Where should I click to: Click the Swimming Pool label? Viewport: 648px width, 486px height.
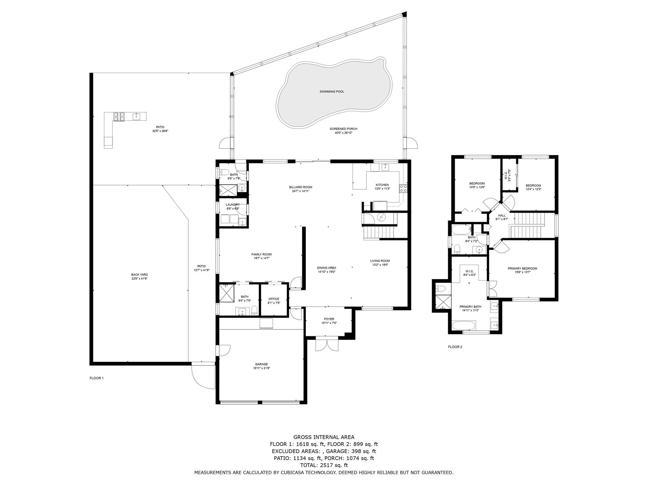click(x=332, y=92)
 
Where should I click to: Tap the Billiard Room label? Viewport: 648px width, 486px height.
click(x=300, y=187)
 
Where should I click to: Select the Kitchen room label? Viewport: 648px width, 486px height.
click(x=382, y=185)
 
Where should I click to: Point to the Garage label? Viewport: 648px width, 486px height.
click(x=261, y=364)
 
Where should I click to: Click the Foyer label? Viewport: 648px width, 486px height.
click(x=329, y=319)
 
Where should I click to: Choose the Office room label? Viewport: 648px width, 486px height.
click(x=274, y=299)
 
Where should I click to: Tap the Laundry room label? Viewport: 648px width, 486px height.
click(x=233, y=205)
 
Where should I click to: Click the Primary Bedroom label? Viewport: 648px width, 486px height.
click(x=522, y=269)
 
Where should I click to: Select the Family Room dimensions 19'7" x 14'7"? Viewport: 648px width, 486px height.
click(x=261, y=258)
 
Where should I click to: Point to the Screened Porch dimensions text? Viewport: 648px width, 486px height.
click(x=343, y=133)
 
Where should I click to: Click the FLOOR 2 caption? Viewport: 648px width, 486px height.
click(x=455, y=347)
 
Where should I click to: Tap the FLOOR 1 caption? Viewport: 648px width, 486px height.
click(x=97, y=378)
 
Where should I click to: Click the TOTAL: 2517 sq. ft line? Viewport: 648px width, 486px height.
click(x=324, y=465)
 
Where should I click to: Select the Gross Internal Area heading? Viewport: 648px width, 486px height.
click(x=324, y=437)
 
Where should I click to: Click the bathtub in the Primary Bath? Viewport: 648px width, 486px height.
click(x=464, y=326)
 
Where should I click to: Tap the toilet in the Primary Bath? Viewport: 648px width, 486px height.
click(x=441, y=288)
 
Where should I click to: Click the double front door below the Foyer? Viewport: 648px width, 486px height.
click(x=327, y=345)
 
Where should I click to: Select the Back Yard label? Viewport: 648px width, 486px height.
click(x=140, y=275)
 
